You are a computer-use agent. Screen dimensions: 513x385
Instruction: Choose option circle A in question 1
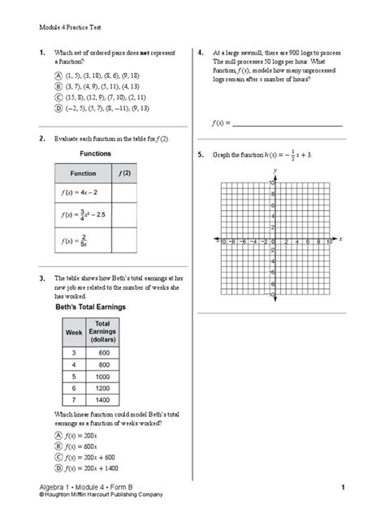[58, 74]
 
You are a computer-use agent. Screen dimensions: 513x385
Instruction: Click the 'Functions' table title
[96, 153]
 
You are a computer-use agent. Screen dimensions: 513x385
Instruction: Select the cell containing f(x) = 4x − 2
[82, 192]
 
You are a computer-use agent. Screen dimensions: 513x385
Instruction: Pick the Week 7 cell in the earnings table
[75, 400]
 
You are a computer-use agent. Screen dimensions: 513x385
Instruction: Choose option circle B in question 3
[58, 446]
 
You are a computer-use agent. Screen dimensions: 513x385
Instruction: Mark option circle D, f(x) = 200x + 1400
[58, 468]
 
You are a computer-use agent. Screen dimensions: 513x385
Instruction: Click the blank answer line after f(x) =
[287, 123]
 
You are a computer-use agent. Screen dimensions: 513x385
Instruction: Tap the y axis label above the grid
[276, 170]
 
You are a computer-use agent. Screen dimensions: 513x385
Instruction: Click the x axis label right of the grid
[340, 239]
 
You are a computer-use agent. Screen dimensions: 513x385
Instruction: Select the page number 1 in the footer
[344, 485]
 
